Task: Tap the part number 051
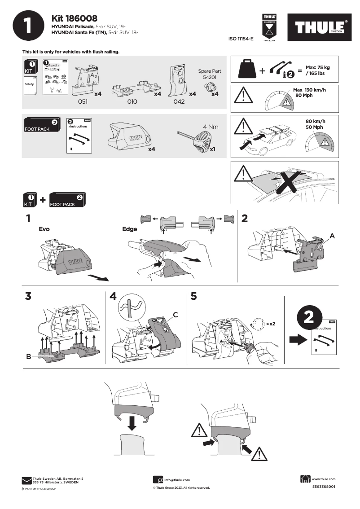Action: coord(82,102)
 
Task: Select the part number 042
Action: coord(179,102)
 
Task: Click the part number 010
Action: coord(132,102)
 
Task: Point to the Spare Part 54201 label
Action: coord(210,74)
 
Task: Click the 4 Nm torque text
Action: coord(211,127)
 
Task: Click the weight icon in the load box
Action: coord(247,69)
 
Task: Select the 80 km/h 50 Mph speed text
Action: coord(315,124)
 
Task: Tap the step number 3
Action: coord(28,297)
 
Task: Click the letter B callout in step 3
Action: coord(28,357)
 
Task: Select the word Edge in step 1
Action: coord(130,229)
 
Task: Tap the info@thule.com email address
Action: coord(177,480)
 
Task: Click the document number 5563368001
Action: coord(324,487)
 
